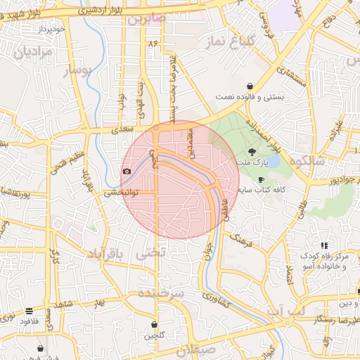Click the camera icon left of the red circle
click(x=127, y=171)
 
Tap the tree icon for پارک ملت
click(x=252, y=153)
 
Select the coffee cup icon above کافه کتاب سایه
click(x=262, y=179)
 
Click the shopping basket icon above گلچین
click(x=154, y=325)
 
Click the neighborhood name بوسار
click(x=77, y=70)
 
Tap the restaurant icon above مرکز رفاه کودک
click(x=326, y=245)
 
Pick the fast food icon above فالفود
click(x=29, y=310)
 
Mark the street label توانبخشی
click(x=120, y=192)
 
